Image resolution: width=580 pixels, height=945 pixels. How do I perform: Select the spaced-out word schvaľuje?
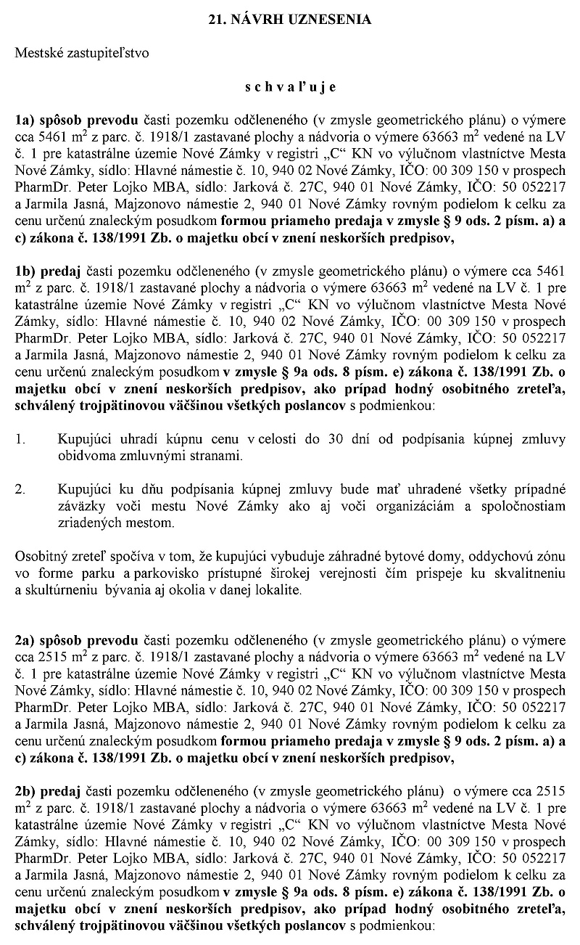point(290,87)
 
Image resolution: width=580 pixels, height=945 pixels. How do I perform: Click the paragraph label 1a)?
point(25,122)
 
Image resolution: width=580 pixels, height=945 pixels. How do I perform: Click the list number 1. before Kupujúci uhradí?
point(20,439)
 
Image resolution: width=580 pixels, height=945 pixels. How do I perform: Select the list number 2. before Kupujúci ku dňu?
point(20,490)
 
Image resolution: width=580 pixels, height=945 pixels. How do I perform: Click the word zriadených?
point(86,523)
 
